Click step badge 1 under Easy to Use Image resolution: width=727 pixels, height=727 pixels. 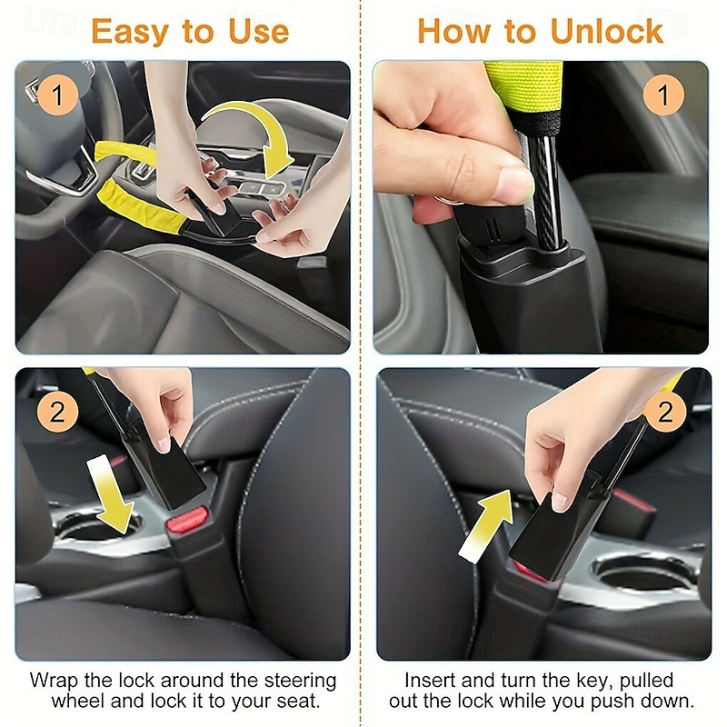pyautogui.click(x=57, y=95)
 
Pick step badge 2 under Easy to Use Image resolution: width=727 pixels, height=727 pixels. pyautogui.click(x=57, y=412)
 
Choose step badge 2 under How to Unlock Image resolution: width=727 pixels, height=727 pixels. pyautogui.click(x=666, y=412)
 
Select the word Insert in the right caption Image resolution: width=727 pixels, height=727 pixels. pyautogui.click(x=431, y=680)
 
